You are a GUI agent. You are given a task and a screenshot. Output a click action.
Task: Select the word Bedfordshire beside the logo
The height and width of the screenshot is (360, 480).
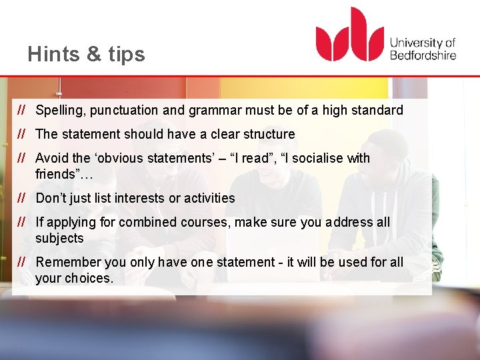423,55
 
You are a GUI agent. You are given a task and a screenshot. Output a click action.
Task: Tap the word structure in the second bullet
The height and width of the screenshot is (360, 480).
268,134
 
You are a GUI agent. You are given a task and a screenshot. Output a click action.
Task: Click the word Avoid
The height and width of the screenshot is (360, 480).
52,158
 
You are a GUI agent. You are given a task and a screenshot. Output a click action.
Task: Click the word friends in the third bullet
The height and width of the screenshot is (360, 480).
56,174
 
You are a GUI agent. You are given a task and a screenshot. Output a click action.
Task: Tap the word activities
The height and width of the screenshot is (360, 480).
207,198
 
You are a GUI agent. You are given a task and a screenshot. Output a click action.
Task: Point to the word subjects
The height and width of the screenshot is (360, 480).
59,238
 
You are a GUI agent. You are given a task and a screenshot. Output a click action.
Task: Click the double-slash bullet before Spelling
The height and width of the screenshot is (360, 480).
21,110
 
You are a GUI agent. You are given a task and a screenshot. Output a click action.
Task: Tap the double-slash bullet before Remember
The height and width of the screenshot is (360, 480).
21,262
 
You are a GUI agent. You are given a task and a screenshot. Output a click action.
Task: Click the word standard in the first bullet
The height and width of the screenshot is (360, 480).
377,111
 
